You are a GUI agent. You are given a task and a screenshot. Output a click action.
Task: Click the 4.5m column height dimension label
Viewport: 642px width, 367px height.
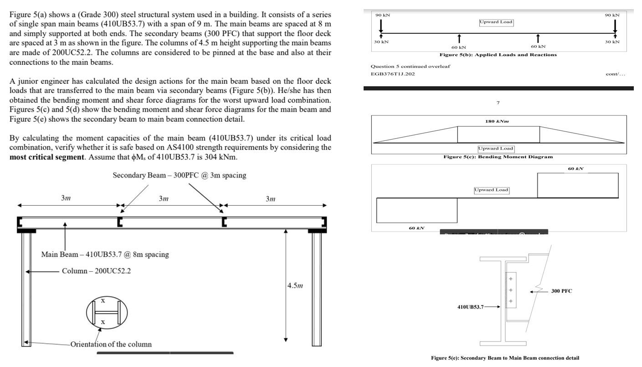(296, 286)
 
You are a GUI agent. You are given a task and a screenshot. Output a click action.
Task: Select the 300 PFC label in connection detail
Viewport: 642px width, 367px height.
(561, 291)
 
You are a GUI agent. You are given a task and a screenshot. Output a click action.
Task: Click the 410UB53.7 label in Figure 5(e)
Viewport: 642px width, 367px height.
(471, 307)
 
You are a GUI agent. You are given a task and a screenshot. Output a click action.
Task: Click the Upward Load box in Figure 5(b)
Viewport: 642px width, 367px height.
(496, 22)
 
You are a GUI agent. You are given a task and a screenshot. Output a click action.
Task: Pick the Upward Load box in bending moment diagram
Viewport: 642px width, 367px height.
(495, 149)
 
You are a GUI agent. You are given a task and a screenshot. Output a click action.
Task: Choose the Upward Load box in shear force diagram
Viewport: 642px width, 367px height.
(491, 190)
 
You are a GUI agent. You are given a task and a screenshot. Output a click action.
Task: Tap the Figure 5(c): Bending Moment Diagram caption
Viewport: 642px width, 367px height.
(498, 157)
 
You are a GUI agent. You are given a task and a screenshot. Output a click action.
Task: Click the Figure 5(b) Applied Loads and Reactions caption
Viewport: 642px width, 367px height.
(498, 55)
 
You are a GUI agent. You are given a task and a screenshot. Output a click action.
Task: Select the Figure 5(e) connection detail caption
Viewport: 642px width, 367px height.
(505, 358)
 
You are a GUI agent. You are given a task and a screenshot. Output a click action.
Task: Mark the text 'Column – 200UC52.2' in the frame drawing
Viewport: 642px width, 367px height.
(96, 271)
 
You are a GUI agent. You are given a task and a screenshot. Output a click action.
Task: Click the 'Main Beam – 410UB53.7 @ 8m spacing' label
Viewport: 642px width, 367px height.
(105, 254)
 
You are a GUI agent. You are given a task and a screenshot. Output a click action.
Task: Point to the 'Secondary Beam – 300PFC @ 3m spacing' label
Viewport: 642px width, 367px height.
(179, 176)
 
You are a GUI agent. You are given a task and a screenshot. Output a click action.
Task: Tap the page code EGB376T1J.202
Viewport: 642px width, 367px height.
(392, 74)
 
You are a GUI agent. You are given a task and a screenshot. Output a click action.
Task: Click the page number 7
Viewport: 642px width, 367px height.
(498, 103)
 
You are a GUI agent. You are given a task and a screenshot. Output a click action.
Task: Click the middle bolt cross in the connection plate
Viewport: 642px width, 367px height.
(511, 290)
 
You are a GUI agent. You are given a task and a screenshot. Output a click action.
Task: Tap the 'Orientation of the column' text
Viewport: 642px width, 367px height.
(111, 344)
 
